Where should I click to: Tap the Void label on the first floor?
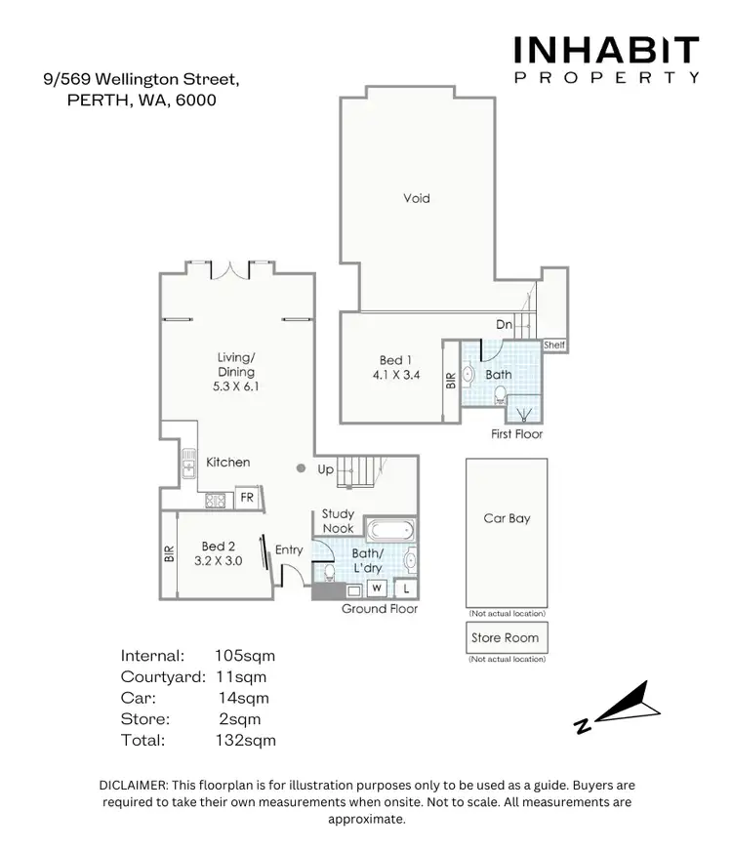417,198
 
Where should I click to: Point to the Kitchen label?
227,462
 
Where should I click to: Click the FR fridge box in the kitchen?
247,498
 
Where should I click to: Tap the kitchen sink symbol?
187,462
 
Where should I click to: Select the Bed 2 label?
219,547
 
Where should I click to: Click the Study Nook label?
338,520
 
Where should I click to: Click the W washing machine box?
375,588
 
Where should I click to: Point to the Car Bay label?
507,518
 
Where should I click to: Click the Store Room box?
506,638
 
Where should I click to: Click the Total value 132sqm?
245,740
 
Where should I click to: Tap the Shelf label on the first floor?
553,345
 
